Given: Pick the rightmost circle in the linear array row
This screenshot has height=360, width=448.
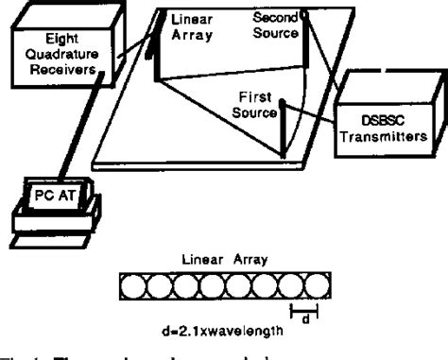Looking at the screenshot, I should pyautogui.click(x=309, y=283).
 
